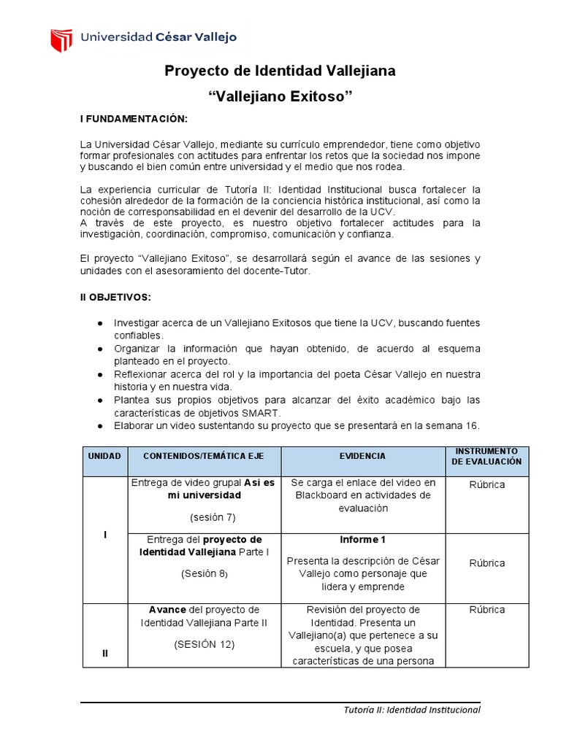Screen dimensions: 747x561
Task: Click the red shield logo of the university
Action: (61, 39)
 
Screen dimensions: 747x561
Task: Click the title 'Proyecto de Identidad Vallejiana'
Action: (280, 71)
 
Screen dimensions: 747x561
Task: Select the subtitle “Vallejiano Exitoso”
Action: (280, 96)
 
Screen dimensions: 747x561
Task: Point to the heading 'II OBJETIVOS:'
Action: (116, 298)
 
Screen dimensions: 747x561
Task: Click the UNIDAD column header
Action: (104, 456)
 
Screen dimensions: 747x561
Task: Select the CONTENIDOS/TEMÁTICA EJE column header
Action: (203, 456)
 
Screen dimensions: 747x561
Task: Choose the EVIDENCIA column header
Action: (362, 456)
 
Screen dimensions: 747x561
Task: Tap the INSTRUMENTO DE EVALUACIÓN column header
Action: (487, 456)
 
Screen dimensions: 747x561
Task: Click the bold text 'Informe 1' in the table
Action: (362, 540)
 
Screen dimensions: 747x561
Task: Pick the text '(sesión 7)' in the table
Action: (204, 517)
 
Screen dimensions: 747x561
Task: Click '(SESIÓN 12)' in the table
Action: (204, 644)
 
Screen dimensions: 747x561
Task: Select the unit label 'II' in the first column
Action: (105, 653)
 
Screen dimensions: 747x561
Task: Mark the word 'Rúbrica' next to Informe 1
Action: (487, 563)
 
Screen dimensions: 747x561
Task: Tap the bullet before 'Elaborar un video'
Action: (99, 426)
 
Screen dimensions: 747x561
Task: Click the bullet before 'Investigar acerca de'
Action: (99, 322)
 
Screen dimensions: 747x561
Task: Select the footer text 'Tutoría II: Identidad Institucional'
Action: (412, 710)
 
